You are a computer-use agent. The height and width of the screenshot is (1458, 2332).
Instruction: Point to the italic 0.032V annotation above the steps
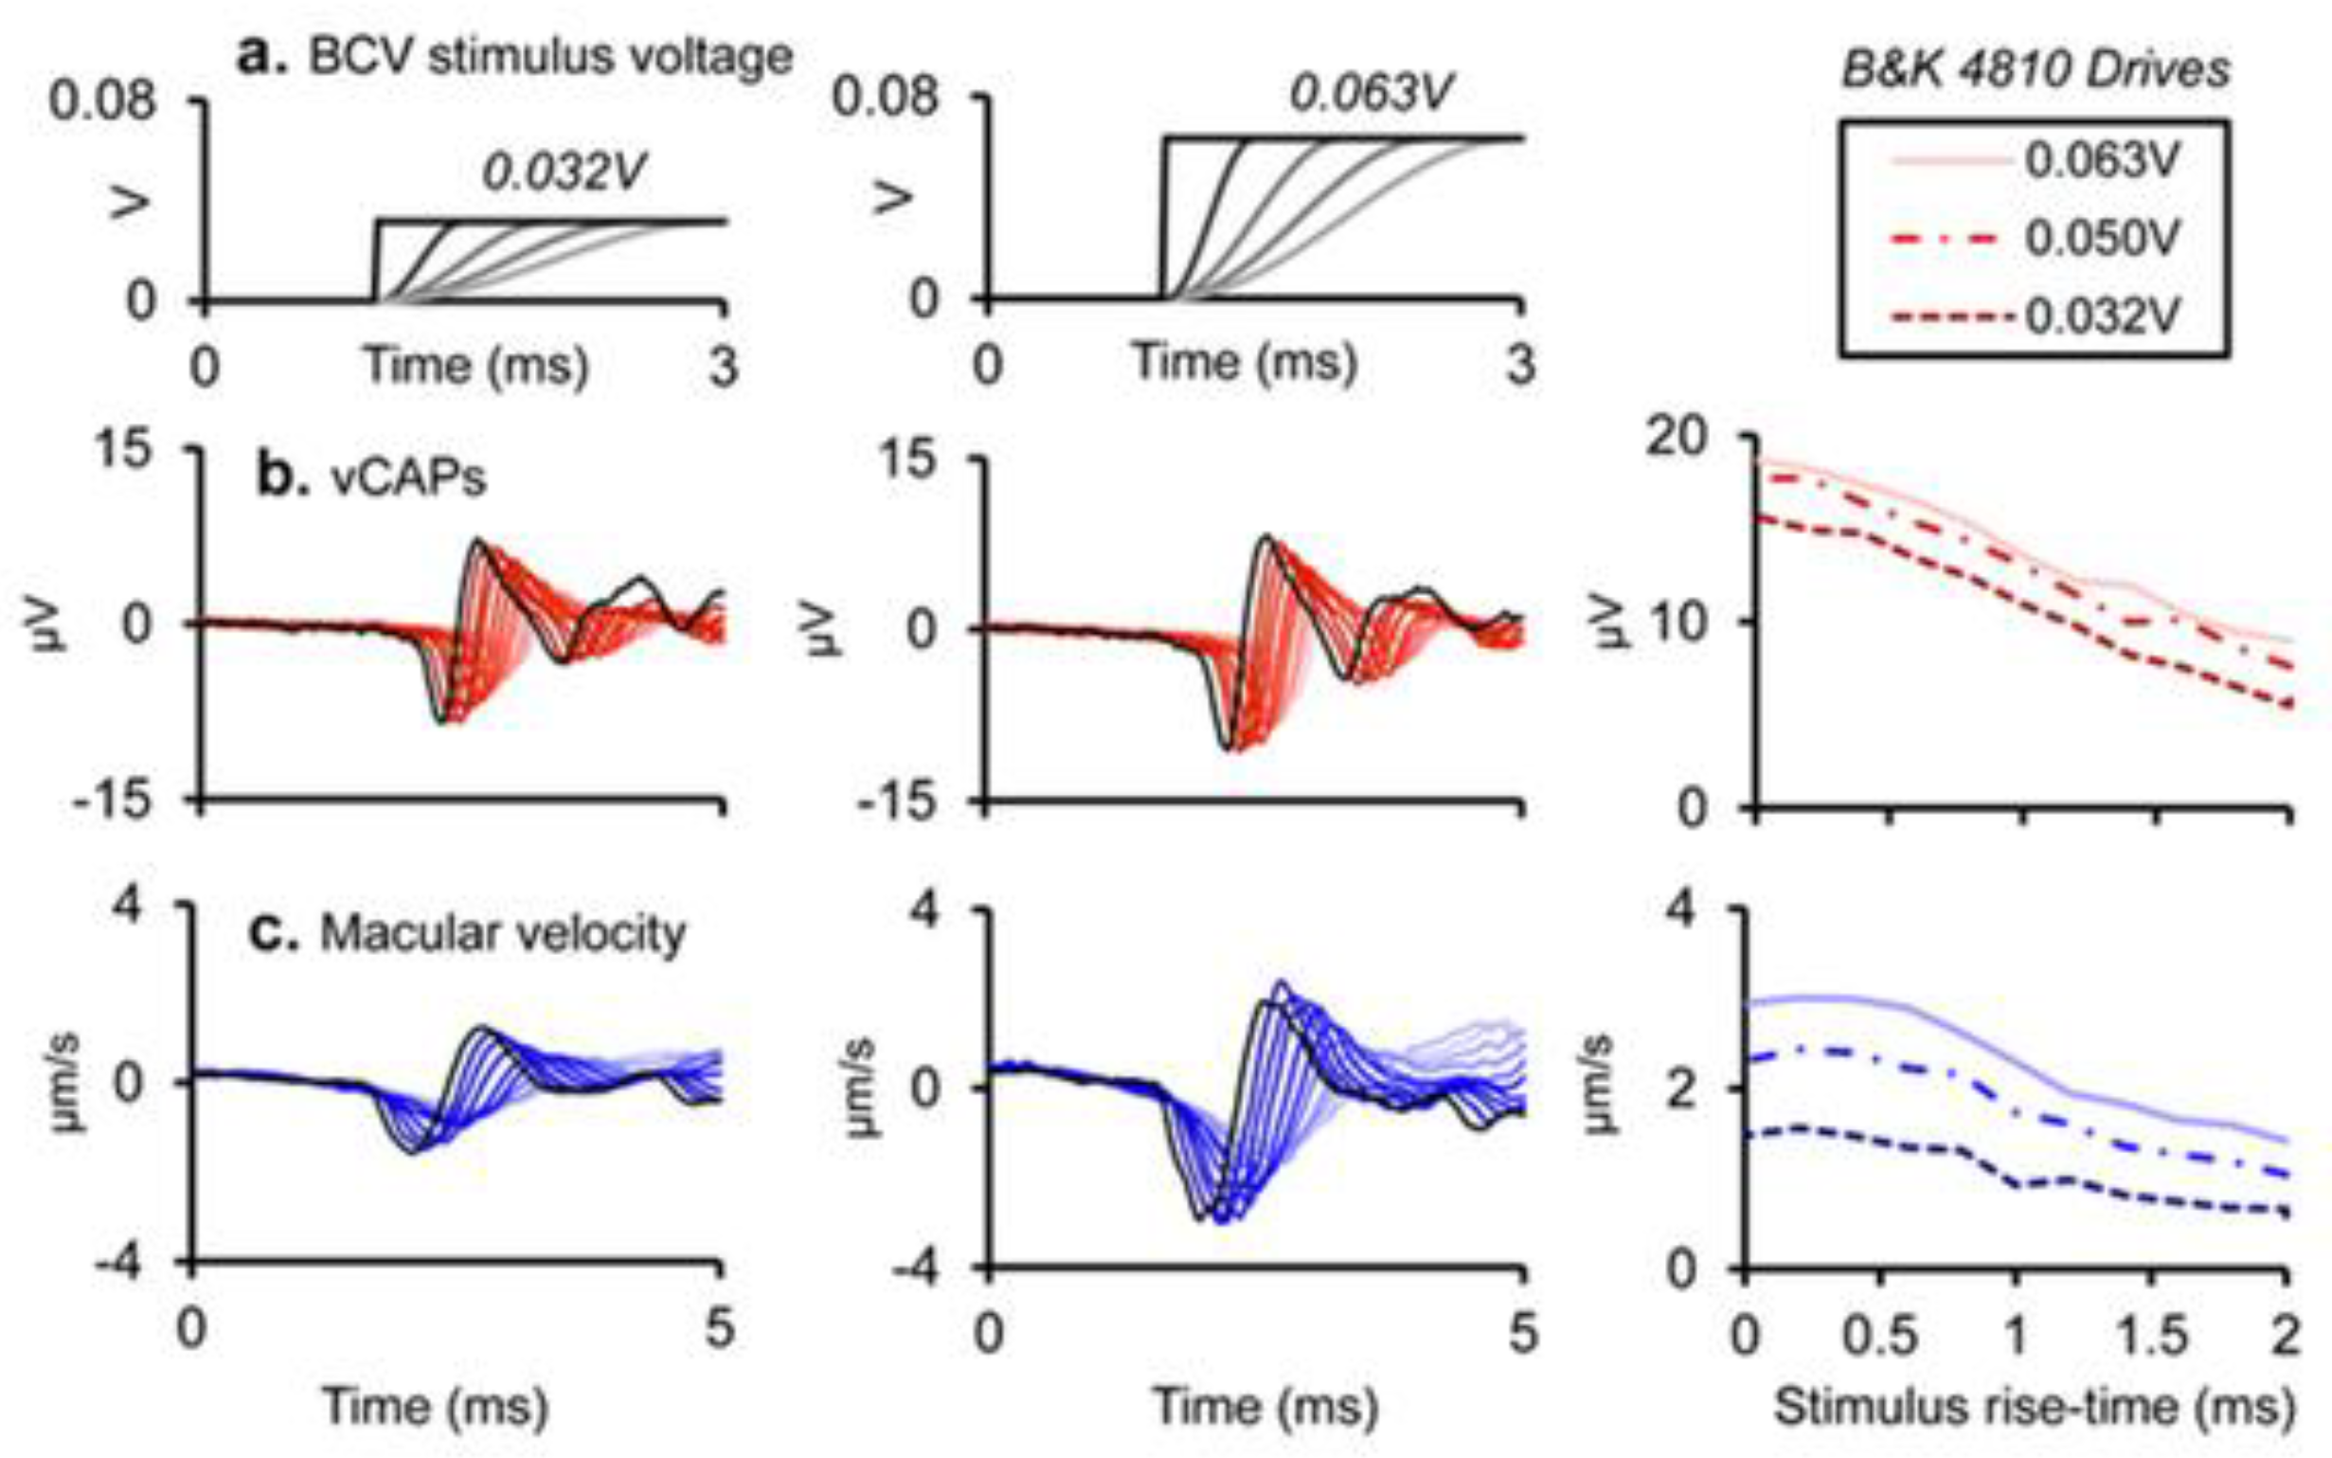(x=564, y=172)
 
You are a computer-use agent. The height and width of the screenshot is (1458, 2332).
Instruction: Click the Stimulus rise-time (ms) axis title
(x=2035, y=1406)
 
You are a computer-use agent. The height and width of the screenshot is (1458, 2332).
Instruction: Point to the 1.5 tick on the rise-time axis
(x=2151, y=1337)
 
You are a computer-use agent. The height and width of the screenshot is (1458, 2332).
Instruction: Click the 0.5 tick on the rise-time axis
(x=1879, y=1337)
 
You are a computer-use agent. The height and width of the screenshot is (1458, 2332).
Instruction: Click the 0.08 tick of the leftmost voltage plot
(x=102, y=100)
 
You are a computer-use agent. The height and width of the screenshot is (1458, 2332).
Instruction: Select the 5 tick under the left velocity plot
(x=719, y=1329)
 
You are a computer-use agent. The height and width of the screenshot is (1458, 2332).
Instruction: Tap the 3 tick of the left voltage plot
(x=723, y=367)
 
